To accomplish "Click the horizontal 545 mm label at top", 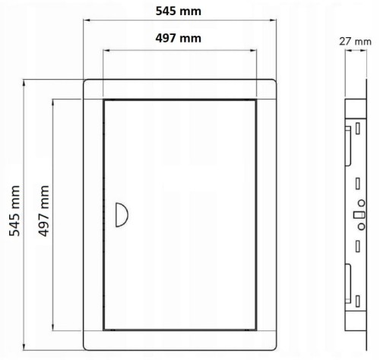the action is coord(179,11).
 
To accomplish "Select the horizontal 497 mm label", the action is coord(179,39).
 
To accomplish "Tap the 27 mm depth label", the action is coord(355,42).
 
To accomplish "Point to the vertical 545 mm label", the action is coord(14,211).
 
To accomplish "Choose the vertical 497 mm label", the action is coord(44,211).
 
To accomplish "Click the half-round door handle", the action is coord(122,215).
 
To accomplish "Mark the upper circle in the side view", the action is coord(362,203).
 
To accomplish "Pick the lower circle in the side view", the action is coord(362,226).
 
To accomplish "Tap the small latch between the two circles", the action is coord(359,215).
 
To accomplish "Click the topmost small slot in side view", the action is coord(358,128).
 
